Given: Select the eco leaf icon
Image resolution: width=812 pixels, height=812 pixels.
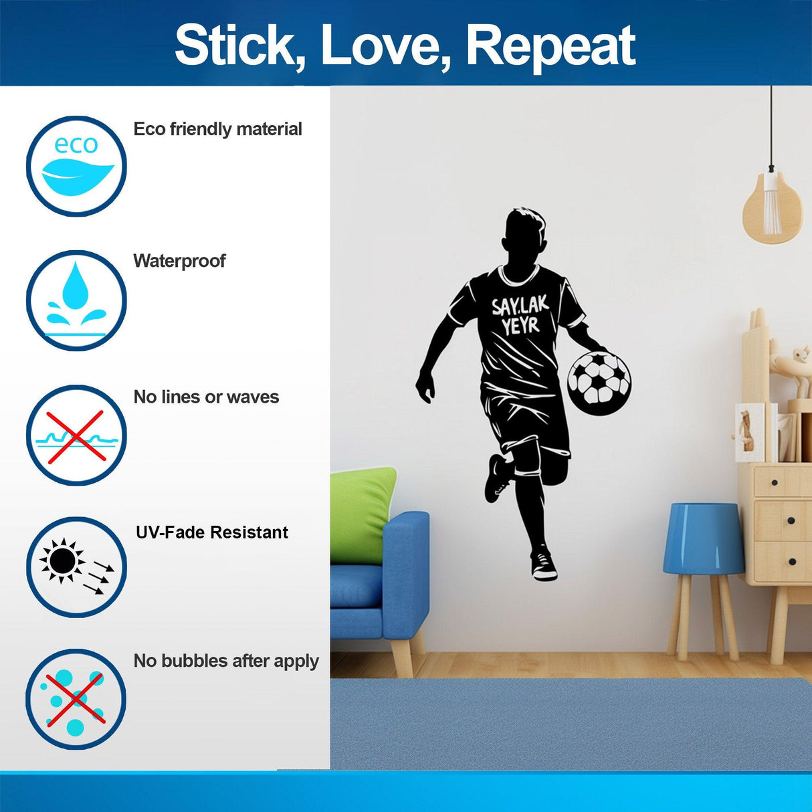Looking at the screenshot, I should click(76, 166).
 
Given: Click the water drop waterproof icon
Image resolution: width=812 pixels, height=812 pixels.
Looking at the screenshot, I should click(76, 300).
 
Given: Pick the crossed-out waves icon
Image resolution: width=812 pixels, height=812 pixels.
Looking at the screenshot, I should click(76, 435).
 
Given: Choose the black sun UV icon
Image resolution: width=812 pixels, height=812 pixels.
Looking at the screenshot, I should click(76, 567).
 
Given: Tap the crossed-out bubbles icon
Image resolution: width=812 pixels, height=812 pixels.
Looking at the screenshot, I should click(76, 698).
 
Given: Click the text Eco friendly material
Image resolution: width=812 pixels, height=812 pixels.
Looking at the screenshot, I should click(217, 129).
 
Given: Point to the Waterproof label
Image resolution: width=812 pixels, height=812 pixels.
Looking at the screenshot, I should click(179, 261).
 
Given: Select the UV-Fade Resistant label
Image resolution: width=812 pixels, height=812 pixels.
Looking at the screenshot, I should click(212, 532).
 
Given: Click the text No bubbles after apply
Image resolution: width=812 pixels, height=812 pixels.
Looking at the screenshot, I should click(226, 662).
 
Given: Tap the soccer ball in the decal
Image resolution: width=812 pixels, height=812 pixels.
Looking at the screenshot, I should click(599, 379).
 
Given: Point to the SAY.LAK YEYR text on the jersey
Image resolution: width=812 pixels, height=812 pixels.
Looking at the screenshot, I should click(520, 315).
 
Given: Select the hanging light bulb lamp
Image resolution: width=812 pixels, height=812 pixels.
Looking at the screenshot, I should click(772, 207).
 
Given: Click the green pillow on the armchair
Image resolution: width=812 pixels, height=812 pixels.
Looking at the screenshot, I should click(361, 505).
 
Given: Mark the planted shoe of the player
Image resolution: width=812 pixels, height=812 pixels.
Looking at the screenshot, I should click(543, 565).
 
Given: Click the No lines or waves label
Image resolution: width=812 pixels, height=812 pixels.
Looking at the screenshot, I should click(206, 397).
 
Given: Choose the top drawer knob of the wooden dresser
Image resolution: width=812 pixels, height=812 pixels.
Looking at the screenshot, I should click(775, 482).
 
